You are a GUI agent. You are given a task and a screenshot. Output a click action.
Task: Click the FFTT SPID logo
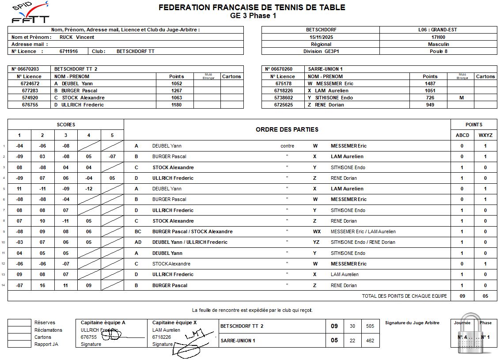pos(30,12)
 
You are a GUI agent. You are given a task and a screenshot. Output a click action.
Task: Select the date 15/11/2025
pos(321,37)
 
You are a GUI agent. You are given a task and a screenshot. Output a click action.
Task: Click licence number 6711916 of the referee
pos(68,51)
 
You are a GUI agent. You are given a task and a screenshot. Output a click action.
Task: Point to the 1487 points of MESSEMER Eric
pos(430,83)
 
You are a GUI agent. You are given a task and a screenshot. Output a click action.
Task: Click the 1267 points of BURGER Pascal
pos(176,91)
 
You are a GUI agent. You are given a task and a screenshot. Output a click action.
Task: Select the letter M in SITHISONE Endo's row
pos(461,98)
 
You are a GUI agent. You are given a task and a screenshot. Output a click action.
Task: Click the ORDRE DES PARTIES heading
pos(287,129)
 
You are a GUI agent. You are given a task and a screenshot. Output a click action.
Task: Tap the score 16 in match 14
pos(42,285)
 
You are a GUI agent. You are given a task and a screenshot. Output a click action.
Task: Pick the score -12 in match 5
pos(89,189)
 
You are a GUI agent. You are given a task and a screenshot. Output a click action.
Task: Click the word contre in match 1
pos(287,146)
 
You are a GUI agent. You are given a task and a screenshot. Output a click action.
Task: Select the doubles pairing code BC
pos(138,231)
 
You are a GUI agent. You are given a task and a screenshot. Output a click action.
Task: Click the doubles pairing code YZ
pos(316,242)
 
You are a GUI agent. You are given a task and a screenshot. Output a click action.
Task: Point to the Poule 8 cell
pos(438,51)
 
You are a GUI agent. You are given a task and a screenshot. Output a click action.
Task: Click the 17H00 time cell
pos(438,37)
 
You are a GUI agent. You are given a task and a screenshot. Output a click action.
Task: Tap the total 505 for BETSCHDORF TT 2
pos(370,326)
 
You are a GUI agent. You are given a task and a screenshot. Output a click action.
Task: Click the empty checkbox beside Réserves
pos(19,322)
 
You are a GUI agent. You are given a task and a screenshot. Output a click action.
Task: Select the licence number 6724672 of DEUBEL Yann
pos(30,83)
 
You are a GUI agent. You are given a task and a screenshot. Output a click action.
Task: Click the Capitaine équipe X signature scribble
pos(188,342)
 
